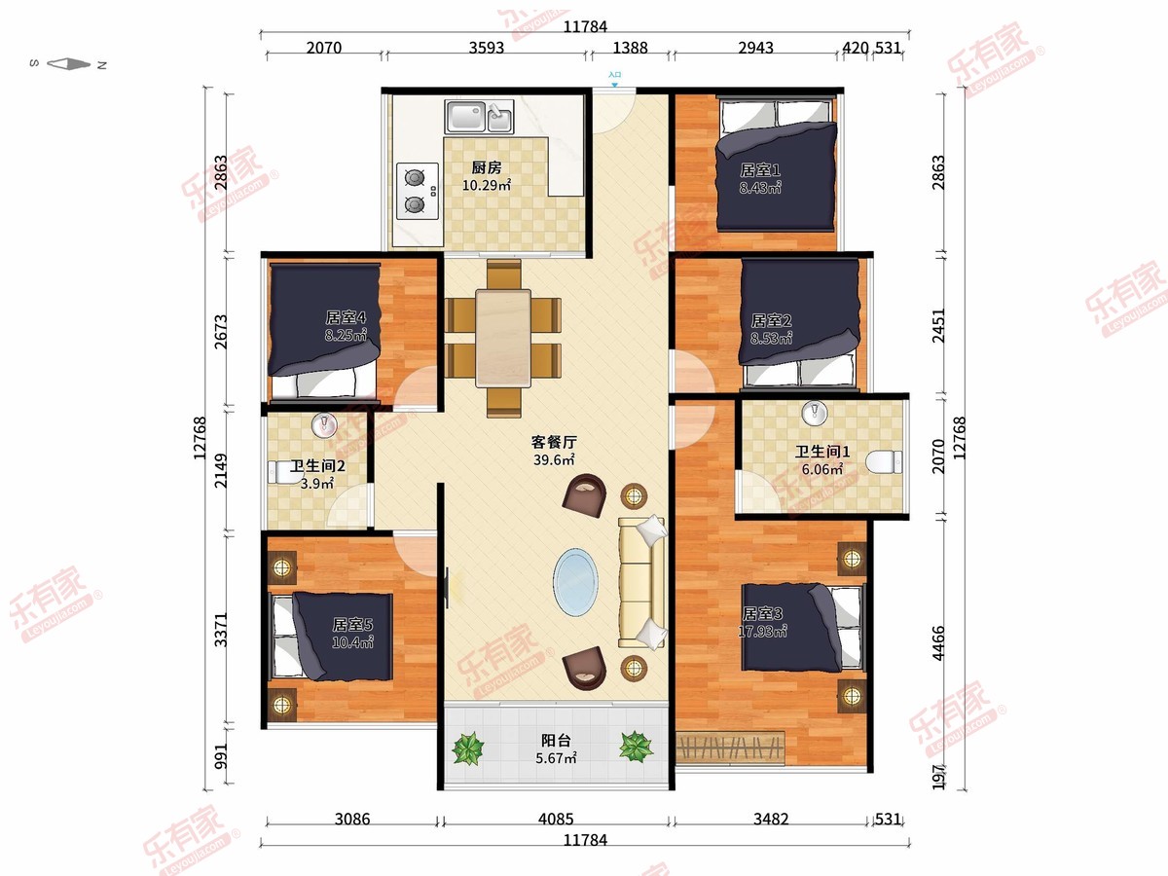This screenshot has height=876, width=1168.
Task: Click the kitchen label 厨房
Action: tap(487, 168)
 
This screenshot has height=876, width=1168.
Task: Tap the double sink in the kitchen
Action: tap(479, 117)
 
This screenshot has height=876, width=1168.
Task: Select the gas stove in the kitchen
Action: tap(418, 191)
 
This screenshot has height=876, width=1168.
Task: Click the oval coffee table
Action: tap(575, 582)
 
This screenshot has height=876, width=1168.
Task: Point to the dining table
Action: tap(503, 338)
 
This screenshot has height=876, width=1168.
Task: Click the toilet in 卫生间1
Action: tap(884, 461)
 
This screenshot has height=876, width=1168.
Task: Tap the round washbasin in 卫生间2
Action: tap(324, 425)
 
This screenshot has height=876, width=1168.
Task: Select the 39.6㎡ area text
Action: tap(554, 459)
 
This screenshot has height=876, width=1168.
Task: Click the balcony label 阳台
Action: tap(556, 741)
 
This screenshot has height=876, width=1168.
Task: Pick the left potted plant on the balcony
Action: tap(468, 748)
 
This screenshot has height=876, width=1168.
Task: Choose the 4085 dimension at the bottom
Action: tap(556, 820)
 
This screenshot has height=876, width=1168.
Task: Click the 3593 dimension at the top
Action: tap(487, 48)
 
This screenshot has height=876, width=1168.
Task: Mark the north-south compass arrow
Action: tap(69, 64)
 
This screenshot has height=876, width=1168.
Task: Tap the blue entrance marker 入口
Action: tap(614, 79)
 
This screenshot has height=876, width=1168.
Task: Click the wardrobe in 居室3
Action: tap(730, 748)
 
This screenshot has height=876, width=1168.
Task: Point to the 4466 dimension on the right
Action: tap(938, 643)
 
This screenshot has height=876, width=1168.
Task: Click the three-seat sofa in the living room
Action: tap(641, 582)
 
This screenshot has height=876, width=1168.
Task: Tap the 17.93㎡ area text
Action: tap(762, 632)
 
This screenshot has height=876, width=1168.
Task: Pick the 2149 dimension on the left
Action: tap(221, 471)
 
